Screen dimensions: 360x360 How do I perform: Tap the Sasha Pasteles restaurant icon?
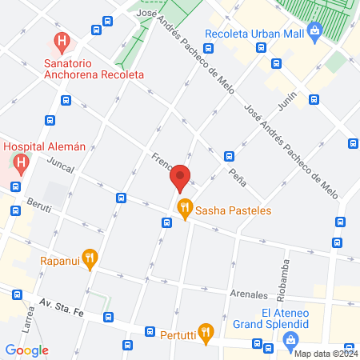184,210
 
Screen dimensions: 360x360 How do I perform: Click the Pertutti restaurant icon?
206,333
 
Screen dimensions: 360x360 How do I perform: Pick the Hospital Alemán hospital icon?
22,164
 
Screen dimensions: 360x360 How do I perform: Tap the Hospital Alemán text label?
45,146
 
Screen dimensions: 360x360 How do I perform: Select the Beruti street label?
38,208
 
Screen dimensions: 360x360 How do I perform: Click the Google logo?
27,350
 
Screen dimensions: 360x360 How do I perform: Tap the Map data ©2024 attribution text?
325,354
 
